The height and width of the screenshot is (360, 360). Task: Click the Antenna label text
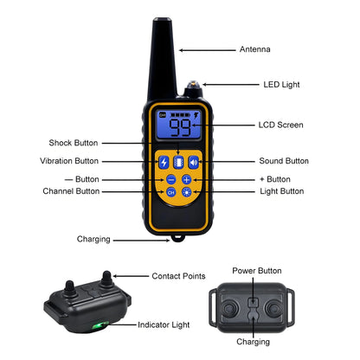[254, 49]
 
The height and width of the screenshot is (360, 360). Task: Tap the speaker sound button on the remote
[194, 162]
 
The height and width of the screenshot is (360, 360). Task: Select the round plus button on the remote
[187, 179]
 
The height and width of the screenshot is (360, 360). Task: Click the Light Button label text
[282, 190]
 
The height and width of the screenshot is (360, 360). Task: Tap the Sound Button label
[284, 161]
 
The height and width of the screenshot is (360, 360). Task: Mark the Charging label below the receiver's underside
[253, 342]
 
